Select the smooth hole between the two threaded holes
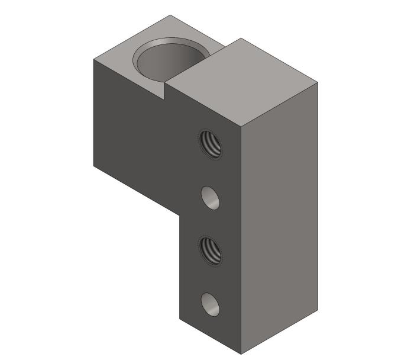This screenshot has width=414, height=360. point(210,198)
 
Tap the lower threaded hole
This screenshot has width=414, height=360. point(211,250)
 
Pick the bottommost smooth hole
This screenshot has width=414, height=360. point(210,304)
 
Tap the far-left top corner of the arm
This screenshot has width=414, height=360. point(93,59)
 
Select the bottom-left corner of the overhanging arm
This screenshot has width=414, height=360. point(93,164)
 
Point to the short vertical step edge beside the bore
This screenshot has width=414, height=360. point(164,91)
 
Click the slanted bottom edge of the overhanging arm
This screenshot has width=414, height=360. point(136,189)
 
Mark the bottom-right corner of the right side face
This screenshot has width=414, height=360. point(318,310)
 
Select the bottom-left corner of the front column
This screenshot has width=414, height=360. point(180,320)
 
